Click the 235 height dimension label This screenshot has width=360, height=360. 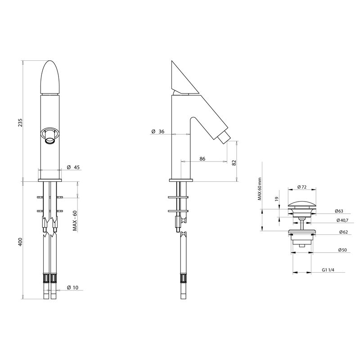[20, 122]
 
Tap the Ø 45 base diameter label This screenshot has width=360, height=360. [73, 167]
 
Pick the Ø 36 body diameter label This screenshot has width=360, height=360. [157, 131]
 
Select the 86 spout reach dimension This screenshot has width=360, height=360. [202, 159]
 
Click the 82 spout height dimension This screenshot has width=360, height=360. [234, 162]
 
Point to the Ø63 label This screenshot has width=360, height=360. [340, 210]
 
